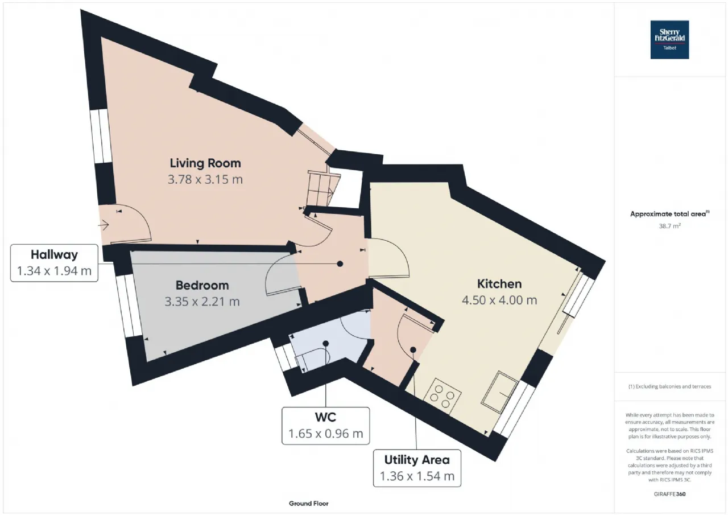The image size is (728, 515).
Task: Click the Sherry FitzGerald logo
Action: pyautogui.click(x=669, y=40)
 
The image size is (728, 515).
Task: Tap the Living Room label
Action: pyautogui.click(x=205, y=163)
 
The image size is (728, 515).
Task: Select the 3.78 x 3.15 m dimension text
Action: pyautogui.click(x=205, y=179)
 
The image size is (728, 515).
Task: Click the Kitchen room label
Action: pyautogui.click(x=499, y=283)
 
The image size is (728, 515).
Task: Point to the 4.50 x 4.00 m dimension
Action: pyautogui.click(x=499, y=300)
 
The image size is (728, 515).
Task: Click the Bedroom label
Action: pyautogui.click(x=202, y=285)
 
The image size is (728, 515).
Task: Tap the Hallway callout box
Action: pyautogui.click(x=54, y=263)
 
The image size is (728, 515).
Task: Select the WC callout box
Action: pyautogui.click(x=326, y=426)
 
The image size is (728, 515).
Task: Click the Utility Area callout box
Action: pyautogui.click(x=417, y=468)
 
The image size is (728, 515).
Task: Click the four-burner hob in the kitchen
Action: pyautogui.click(x=442, y=396)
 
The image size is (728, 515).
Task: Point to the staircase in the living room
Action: pyautogui.click(x=324, y=188)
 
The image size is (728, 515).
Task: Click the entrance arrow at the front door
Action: pyautogui.click(x=104, y=225)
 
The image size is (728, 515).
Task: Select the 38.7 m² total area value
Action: pyautogui.click(x=669, y=226)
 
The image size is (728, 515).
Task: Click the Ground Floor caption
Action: pyautogui.click(x=309, y=503)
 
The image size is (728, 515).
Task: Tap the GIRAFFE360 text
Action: pyautogui.click(x=669, y=494)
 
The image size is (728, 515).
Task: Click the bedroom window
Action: pyautogui.click(x=129, y=306)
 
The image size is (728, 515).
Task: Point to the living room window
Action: pyautogui.click(x=101, y=136)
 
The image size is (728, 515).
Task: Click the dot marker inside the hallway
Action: pyautogui.click(x=340, y=263)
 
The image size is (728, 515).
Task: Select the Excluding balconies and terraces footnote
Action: pyautogui.click(x=669, y=386)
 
